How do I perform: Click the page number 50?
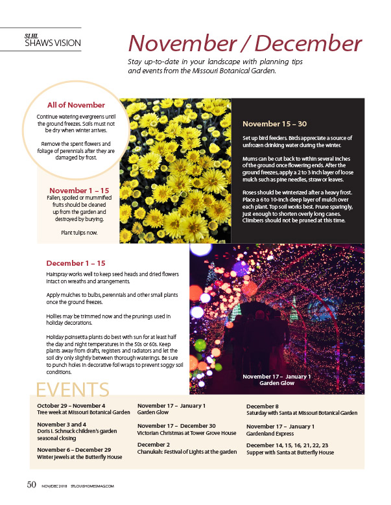coord(30,484)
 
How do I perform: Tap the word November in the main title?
coord(186,43)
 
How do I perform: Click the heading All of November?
coord(76,105)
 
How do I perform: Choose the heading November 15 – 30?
coord(274,123)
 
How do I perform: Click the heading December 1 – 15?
coord(75,263)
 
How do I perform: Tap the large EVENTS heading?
coord(72,390)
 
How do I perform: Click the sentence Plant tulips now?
coord(80,232)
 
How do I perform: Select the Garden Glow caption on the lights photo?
coord(277,383)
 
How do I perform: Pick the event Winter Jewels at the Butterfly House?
coord(80,456)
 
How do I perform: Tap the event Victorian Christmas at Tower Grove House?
coord(187,432)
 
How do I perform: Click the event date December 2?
coord(154,445)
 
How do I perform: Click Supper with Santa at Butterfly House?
coord(290,452)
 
